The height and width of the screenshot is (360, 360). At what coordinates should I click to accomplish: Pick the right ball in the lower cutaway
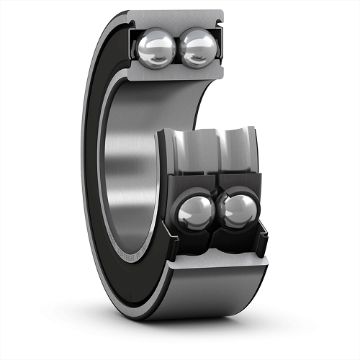(237, 212)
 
